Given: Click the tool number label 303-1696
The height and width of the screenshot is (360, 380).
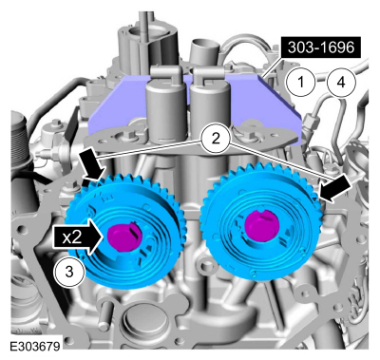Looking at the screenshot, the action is [x=321, y=47].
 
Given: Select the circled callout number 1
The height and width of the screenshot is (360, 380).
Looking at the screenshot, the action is [x=301, y=83].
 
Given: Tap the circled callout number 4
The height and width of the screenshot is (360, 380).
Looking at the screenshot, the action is [x=341, y=83].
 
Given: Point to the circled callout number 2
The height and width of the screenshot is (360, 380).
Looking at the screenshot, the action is [x=216, y=139].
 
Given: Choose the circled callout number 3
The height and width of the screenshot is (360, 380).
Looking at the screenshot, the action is [x=69, y=272].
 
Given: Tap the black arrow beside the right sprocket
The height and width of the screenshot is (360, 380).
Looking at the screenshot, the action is [x=334, y=190].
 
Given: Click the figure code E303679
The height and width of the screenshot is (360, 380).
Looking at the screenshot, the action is [x=35, y=346].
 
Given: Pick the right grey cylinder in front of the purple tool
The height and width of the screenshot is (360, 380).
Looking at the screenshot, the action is [x=209, y=106].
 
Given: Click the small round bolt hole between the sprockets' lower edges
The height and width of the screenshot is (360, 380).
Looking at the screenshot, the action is [x=205, y=266].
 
